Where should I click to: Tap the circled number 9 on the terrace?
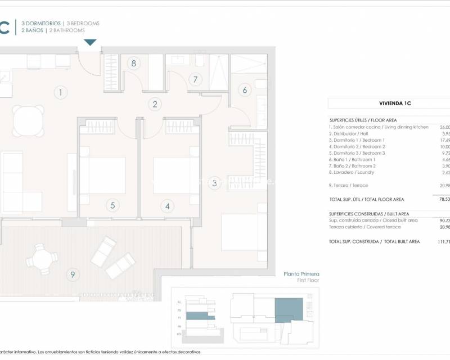point(71,274)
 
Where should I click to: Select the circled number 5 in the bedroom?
point(112,205)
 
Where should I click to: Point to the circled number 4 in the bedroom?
point(167,205)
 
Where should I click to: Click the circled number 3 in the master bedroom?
point(214,183)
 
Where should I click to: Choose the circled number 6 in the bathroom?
point(245,89)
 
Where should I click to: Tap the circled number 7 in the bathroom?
point(195,80)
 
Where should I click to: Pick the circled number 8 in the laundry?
point(133,64)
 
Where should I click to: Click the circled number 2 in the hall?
point(154,103)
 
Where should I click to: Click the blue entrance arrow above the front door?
point(91,43)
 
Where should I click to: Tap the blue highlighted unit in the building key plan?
point(287,311)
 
